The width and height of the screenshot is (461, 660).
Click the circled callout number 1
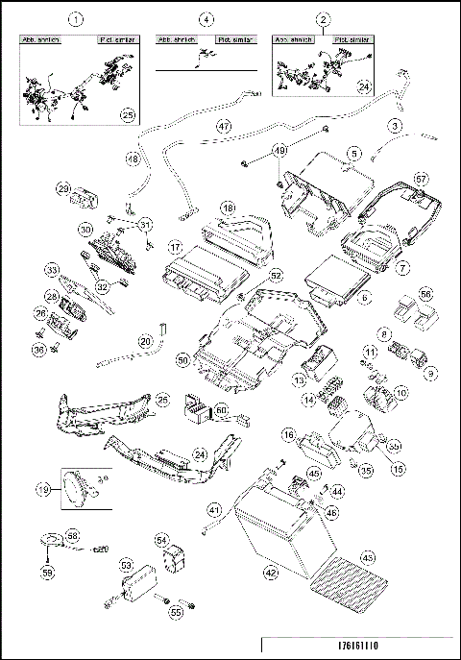(x=78, y=19)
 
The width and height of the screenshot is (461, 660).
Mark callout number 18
(x=228, y=208)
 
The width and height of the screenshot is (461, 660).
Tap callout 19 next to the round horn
(x=44, y=489)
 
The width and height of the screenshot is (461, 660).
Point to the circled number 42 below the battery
(x=271, y=573)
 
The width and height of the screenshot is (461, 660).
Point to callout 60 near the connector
(x=222, y=410)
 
